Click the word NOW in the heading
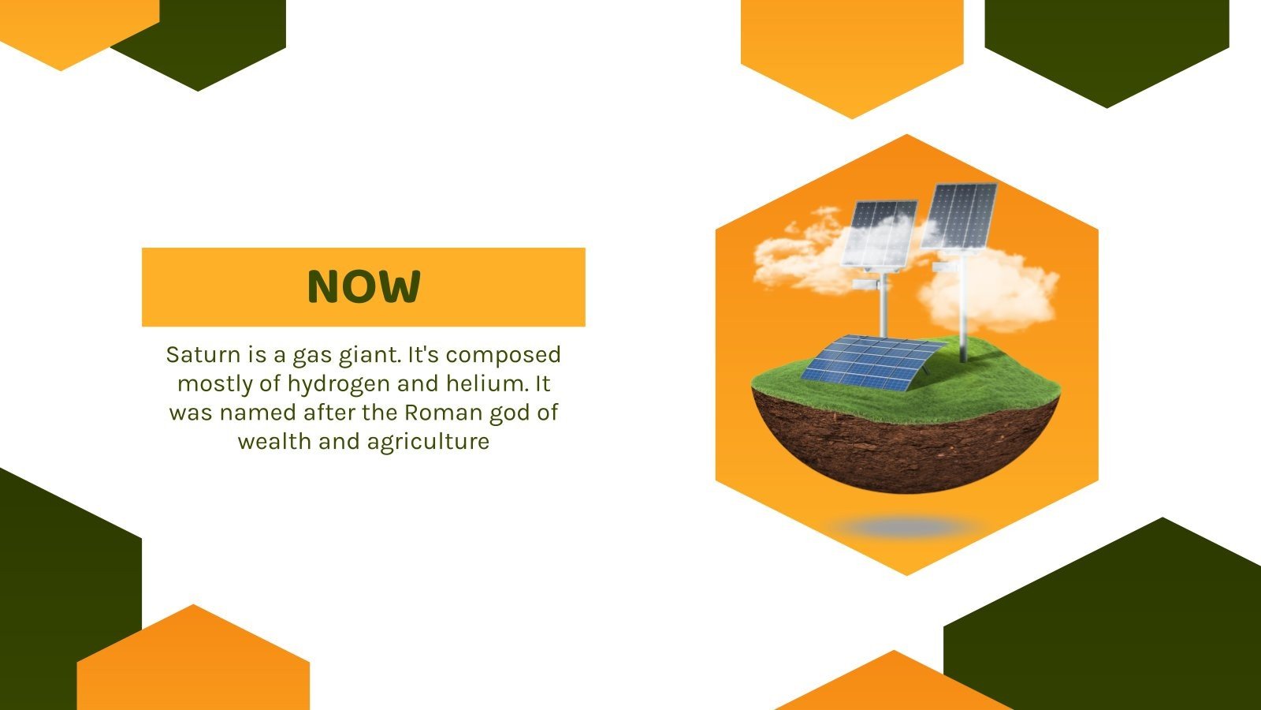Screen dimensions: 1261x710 363,286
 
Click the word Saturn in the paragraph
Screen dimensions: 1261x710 203,355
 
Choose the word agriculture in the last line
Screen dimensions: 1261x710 429,443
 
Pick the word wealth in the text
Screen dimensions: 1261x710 275,441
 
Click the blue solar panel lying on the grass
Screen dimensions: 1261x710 872,363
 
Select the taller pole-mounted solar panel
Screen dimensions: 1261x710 959,216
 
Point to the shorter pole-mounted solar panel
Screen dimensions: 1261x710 880,234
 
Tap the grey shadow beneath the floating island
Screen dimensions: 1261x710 906,528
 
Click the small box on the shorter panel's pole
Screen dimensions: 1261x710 866,285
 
